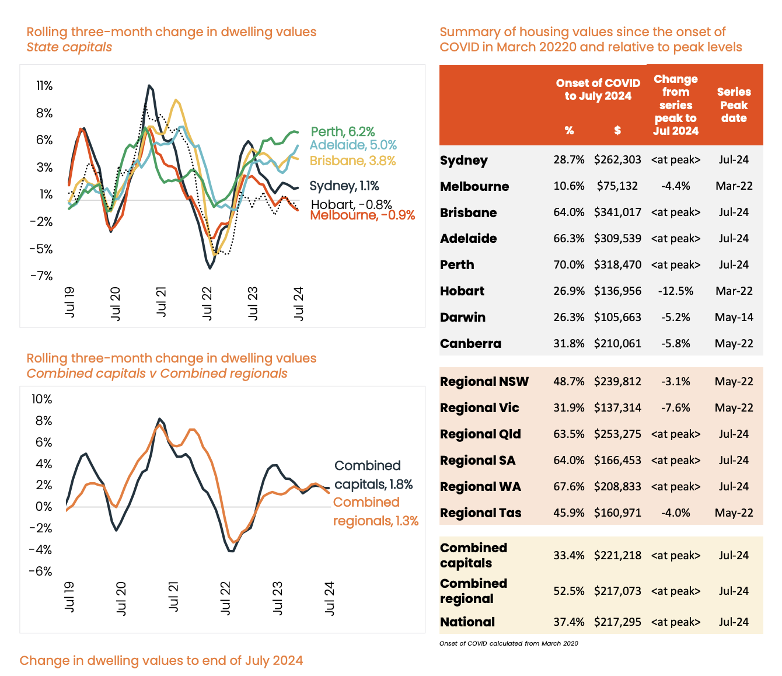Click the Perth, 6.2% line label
tap(343, 132)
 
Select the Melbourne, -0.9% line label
tap(362, 215)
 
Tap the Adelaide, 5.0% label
tap(353, 145)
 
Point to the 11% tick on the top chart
tap(44, 86)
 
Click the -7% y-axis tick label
tap(42, 276)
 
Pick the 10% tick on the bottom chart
tap(41, 399)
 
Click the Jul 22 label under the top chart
tap(207, 302)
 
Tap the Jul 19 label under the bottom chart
tap(69, 597)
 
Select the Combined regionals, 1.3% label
tap(375, 511)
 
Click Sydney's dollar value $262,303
tap(617, 160)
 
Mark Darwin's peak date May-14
tap(734, 317)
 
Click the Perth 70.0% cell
tap(569, 264)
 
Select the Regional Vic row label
tap(479, 408)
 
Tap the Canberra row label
tap(470, 343)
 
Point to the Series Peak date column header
tap(734, 105)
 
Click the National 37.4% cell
tap(569, 622)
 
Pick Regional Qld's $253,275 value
tap(617, 434)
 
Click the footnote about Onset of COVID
tap(508, 643)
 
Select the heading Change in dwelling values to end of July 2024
tap(161, 660)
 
